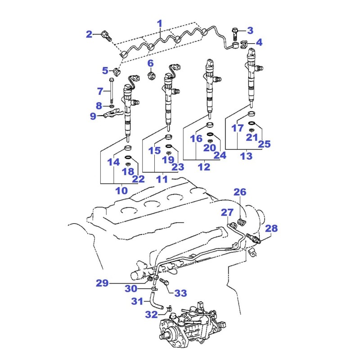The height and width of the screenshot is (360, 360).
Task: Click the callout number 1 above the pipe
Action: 160,24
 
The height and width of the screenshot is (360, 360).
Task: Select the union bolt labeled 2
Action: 106,36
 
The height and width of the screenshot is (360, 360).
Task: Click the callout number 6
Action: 150,63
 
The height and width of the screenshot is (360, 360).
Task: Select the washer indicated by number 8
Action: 111,106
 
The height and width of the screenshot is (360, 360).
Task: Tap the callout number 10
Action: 121,190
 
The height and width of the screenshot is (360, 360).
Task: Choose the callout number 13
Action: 246,156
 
